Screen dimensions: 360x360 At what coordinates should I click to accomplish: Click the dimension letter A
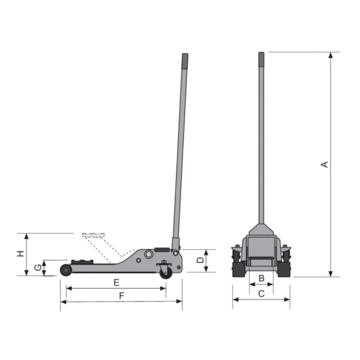[x=325, y=164]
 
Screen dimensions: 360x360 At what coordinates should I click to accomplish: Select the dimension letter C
[x=261, y=294]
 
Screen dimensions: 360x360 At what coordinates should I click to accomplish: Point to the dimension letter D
[x=200, y=260]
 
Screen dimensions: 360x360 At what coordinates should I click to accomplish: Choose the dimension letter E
[x=116, y=282]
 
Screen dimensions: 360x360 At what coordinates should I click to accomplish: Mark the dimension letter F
[x=120, y=296]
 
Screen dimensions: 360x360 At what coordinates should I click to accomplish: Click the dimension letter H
[x=20, y=254]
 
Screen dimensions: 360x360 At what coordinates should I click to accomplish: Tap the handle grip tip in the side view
[x=184, y=58]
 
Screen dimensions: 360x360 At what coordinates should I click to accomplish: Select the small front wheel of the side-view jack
[x=66, y=270]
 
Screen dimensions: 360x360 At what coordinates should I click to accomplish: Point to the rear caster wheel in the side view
[x=166, y=272]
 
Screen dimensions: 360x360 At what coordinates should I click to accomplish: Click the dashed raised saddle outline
[x=93, y=235]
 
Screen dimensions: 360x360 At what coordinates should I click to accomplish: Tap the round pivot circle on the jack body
[x=148, y=254]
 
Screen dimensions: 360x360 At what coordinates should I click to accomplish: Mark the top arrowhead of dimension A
[x=331, y=55]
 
